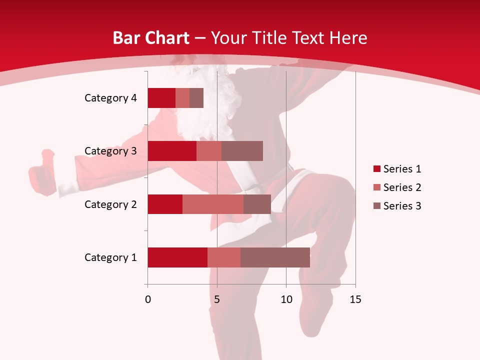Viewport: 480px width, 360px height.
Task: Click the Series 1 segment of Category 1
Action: click(177, 257)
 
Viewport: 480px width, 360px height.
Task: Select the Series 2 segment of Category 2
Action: click(213, 204)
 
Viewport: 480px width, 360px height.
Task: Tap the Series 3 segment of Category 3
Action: click(242, 151)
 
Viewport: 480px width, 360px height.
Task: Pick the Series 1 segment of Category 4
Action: click(161, 98)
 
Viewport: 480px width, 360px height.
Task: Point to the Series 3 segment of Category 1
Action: click(275, 257)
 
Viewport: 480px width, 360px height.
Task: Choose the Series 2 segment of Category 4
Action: click(182, 98)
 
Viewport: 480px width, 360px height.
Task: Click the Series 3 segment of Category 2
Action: click(257, 204)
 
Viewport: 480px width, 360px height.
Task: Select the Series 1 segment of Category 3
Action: click(172, 151)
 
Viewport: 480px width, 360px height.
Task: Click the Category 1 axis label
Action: click(110, 257)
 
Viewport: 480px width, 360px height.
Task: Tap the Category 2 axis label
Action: click(110, 204)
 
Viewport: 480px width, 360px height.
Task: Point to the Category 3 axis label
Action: click(110, 151)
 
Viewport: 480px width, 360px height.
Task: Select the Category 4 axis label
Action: click(110, 98)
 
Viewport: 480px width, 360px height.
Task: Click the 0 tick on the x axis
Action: click(148, 299)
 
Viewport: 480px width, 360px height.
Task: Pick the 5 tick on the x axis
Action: click(217, 299)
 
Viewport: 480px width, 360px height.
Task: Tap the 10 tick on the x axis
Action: click(286, 299)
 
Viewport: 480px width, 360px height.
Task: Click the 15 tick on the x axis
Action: click(355, 299)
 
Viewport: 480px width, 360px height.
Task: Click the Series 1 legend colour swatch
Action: click(376, 169)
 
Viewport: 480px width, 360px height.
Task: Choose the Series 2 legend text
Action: click(402, 187)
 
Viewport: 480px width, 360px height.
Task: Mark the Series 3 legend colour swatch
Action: click(376, 206)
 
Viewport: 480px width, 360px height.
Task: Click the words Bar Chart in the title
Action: click(151, 38)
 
